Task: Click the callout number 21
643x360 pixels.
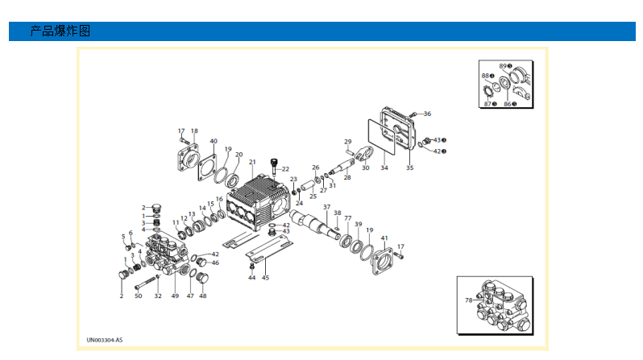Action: (x=252, y=162)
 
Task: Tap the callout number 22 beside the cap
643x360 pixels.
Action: (x=285, y=169)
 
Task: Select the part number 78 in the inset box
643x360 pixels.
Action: (x=469, y=300)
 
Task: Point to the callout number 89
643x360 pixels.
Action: (x=502, y=65)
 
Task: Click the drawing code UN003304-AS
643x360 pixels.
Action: (x=106, y=341)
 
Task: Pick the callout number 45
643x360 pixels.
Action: (x=265, y=278)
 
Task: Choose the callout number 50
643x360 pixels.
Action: (x=138, y=296)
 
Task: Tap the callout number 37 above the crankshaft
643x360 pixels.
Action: (x=327, y=207)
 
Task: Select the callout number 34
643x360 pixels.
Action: (x=384, y=168)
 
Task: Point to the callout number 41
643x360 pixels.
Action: (x=384, y=238)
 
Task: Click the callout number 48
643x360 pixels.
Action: (x=203, y=296)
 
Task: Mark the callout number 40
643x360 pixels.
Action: (x=214, y=141)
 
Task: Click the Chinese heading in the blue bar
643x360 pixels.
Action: (x=60, y=31)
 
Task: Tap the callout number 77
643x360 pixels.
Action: (x=348, y=218)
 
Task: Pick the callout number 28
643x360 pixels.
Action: (x=347, y=176)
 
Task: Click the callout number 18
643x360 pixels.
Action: (x=194, y=130)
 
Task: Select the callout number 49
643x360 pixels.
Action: (x=175, y=296)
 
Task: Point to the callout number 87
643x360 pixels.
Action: (x=487, y=104)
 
